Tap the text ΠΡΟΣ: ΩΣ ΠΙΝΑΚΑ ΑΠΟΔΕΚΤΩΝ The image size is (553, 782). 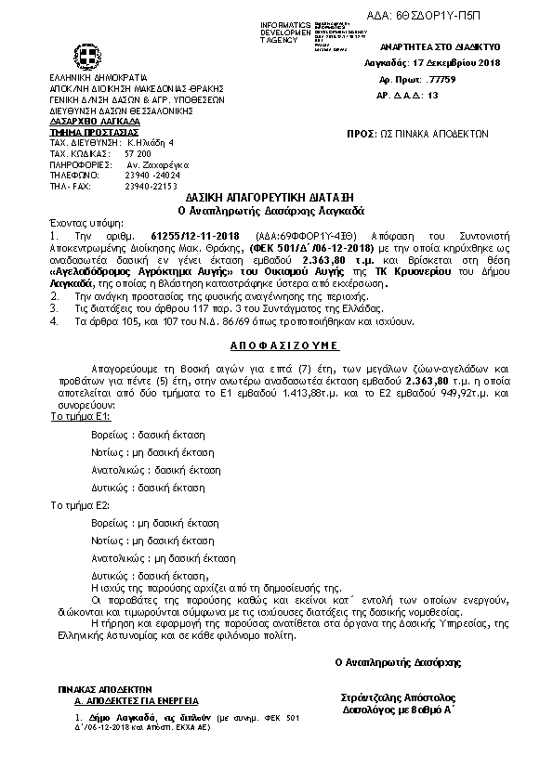point(416,134)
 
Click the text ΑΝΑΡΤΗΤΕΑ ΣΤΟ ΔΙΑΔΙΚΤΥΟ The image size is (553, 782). point(441,46)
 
